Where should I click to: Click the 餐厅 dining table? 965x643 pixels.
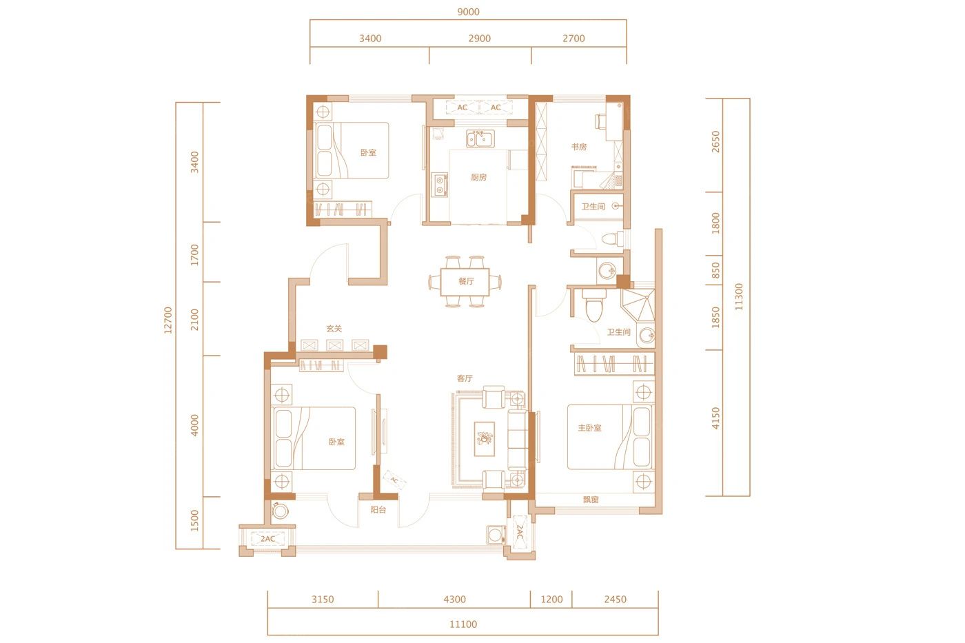pyautogui.click(x=465, y=282)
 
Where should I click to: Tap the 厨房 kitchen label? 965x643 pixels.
pyautogui.click(x=478, y=177)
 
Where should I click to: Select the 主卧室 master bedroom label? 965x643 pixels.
pyautogui.click(x=590, y=428)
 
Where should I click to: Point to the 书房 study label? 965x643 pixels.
pyautogui.click(x=579, y=147)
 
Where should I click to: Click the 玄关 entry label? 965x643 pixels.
pyautogui.click(x=334, y=329)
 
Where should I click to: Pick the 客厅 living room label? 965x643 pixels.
pyautogui.click(x=465, y=378)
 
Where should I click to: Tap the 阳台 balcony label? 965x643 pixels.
pyautogui.click(x=378, y=510)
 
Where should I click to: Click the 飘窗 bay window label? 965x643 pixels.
pyautogui.click(x=591, y=500)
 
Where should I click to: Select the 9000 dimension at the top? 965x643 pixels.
pyautogui.click(x=468, y=12)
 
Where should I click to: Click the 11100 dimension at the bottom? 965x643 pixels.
pyautogui.click(x=463, y=624)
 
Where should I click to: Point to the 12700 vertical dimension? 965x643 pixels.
pyautogui.click(x=168, y=320)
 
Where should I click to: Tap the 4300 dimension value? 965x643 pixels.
pyautogui.click(x=455, y=600)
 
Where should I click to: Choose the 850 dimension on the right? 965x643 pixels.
pyautogui.click(x=715, y=270)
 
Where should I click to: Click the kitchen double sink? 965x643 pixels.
pyautogui.click(x=480, y=139)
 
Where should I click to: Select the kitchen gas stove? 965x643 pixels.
pyautogui.click(x=440, y=185)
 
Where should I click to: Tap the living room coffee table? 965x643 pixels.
pyautogui.click(x=485, y=439)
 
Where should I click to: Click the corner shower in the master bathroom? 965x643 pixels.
pyautogui.click(x=638, y=305)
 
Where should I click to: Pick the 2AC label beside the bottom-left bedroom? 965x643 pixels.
pyautogui.click(x=267, y=539)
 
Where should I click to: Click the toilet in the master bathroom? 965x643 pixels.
pyautogui.click(x=594, y=307)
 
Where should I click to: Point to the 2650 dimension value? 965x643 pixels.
pyautogui.click(x=715, y=142)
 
